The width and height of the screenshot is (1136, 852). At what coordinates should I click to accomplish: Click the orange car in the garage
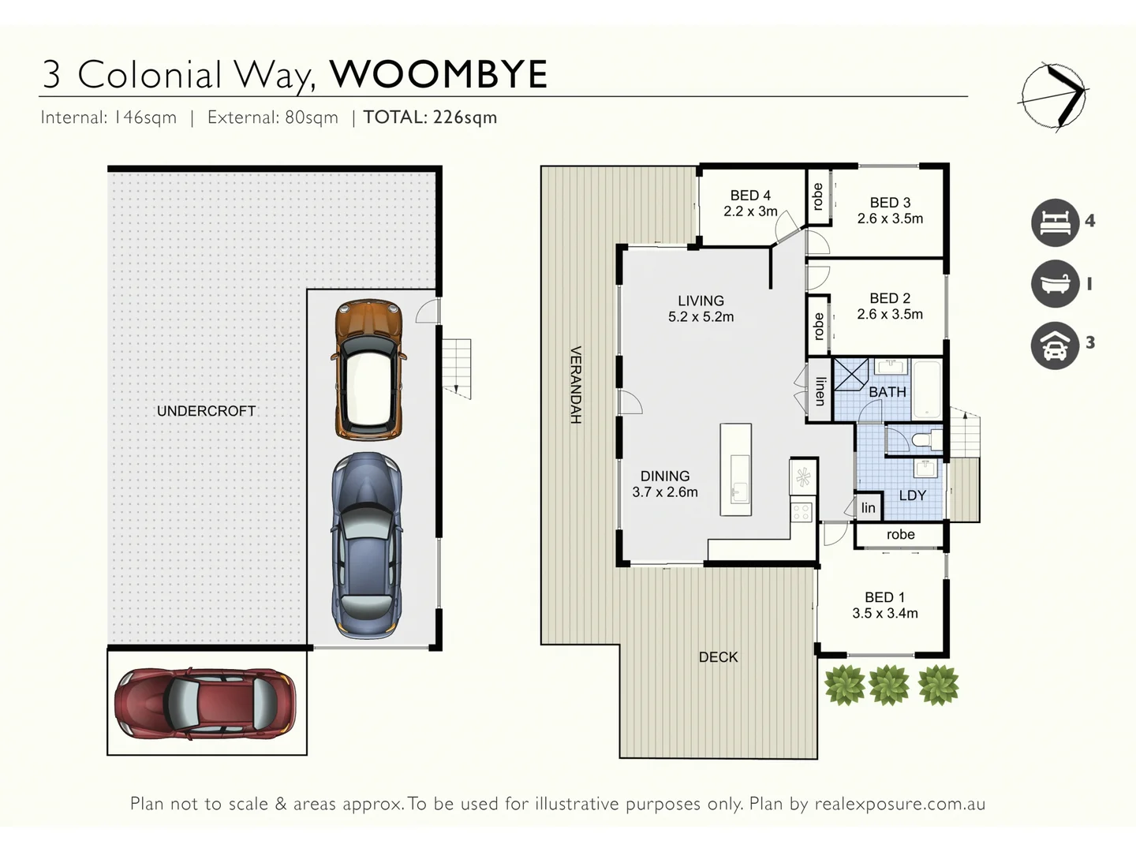click(368, 369)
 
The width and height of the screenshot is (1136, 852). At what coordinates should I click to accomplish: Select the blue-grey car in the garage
click(367, 544)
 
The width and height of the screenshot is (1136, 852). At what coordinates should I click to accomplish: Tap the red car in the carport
click(205, 703)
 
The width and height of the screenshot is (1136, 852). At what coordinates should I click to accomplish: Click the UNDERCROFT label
click(206, 411)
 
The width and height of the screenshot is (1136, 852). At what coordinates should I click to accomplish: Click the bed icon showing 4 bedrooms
click(1055, 222)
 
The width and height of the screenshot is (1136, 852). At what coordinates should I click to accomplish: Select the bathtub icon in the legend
click(1055, 283)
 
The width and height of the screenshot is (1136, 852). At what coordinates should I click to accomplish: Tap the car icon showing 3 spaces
click(1055, 345)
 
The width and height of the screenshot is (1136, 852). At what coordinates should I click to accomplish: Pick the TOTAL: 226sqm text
click(430, 118)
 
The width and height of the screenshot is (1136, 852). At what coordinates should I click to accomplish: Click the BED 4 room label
click(750, 204)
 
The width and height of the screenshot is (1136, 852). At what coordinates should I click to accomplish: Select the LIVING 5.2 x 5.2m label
click(701, 308)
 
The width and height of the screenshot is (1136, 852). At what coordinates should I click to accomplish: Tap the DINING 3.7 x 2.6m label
click(665, 484)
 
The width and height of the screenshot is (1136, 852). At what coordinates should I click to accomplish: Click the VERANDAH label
click(576, 385)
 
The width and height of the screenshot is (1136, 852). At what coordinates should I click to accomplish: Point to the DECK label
click(718, 657)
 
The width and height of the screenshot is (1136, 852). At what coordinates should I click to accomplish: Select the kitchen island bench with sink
click(736, 470)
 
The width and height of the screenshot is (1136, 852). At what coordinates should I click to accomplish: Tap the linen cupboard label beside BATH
click(820, 390)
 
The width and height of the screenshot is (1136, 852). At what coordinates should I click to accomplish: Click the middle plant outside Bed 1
click(889, 684)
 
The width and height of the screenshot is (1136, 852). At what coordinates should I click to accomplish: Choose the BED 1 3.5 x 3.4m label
click(884, 605)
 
